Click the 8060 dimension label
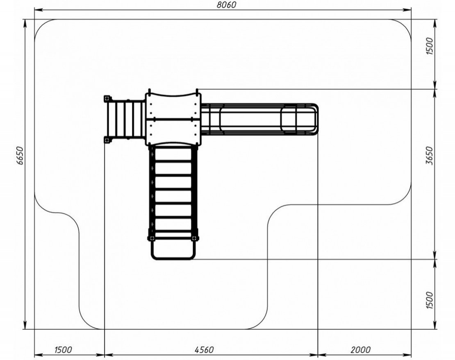pyautogui.click(x=227, y=5)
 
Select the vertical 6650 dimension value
pyautogui.click(x=20, y=156)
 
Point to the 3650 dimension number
pyautogui.click(x=430, y=156)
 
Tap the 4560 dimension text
pyautogui.click(x=204, y=350)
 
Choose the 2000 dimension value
pyautogui.click(x=361, y=350)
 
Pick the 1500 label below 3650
pyautogui.click(x=430, y=300)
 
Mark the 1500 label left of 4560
pyautogui.click(x=63, y=350)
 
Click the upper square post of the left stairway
pyautogui.click(x=107, y=99)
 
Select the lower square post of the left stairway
pyautogui.click(x=107, y=140)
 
